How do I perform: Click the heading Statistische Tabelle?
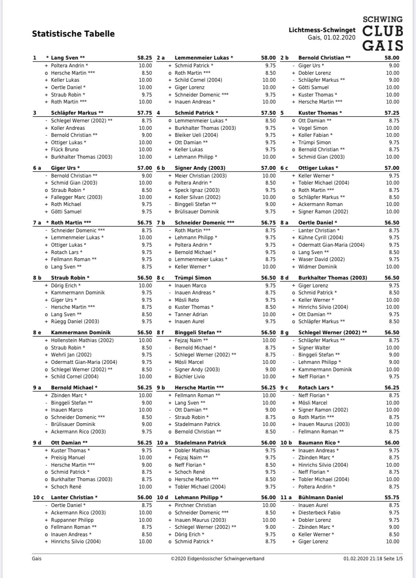pyautogui.click(x=73, y=34)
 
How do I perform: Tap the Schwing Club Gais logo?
pyautogui.click(x=382, y=33)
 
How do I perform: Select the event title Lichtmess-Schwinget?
pyautogui.click(x=322, y=30)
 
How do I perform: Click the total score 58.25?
pyautogui.click(x=145, y=58)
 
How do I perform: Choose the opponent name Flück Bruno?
pyautogui.click(x=65, y=149)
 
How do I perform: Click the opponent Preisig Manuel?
pyautogui.click(x=68, y=457)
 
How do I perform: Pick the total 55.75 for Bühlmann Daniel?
pyautogui.click(x=392, y=497)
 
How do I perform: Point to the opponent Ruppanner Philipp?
pyautogui.click(x=72, y=520)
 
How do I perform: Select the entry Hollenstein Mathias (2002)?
pyautogui.click(x=82, y=340)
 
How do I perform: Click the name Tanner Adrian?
pyautogui.click(x=191, y=314)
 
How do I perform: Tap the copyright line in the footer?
pyautogui.click(x=217, y=558)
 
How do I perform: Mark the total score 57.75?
pyautogui.click(x=145, y=113)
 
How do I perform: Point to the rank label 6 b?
pyautogui.click(x=161, y=168)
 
